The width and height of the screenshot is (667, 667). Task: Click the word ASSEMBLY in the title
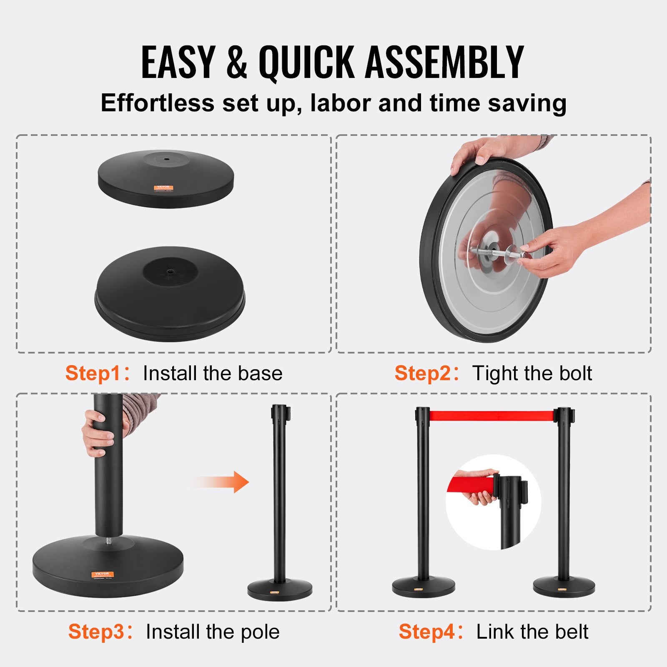pos(444,63)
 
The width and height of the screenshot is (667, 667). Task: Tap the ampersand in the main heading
pos(237,63)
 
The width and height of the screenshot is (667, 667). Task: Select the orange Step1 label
pos(93,373)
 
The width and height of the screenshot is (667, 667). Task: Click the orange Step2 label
pos(422,373)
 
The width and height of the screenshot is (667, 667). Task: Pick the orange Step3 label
pos(96,632)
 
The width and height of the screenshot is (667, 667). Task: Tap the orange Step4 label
pos(426,632)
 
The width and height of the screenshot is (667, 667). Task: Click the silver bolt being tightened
pos(496,252)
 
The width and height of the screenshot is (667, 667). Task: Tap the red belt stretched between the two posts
pos(492,416)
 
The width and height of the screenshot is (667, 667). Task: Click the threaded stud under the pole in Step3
pos(108,542)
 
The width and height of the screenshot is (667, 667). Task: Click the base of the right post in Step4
pos(564,587)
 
